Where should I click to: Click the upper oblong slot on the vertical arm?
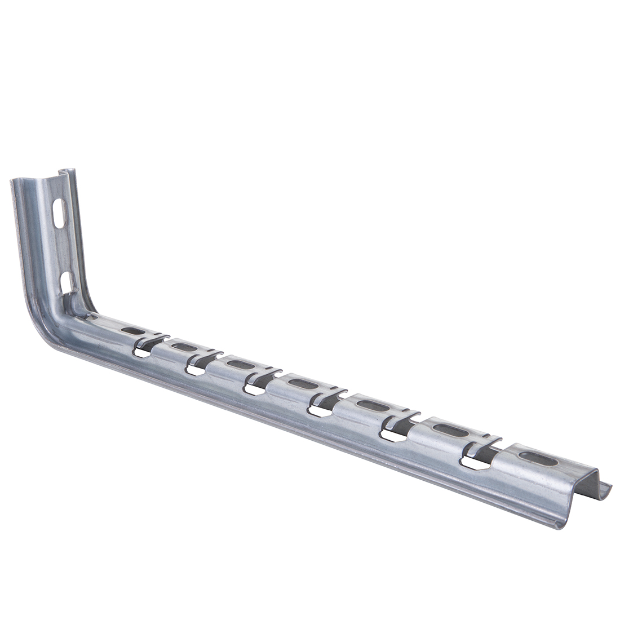tap(59, 213)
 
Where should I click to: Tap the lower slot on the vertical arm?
tap(66, 282)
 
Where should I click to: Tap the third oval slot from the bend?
tap(241, 365)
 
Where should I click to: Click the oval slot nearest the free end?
tap(538, 458)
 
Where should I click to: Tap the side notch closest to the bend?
tap(142, 352)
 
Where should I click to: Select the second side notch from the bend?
tap(196, 369)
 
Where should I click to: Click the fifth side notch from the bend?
tap(392, 435)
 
